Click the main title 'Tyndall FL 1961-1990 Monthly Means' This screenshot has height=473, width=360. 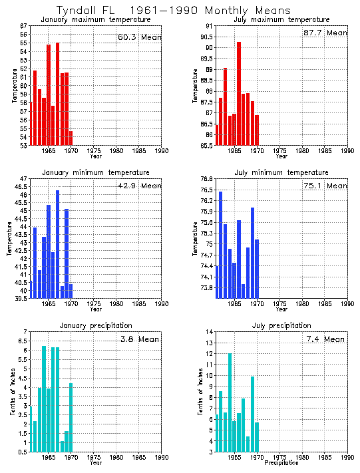tap(173, 11)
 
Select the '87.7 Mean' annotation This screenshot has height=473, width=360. tap(325, 33)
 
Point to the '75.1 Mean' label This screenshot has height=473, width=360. tap(325, 186)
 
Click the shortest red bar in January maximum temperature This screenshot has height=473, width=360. tap(71, 138)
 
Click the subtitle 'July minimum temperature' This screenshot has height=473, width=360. tap(281, 172)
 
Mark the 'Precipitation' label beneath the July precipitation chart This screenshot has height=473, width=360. tap(281, 463)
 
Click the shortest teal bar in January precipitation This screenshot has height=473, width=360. tap(62, 446)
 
